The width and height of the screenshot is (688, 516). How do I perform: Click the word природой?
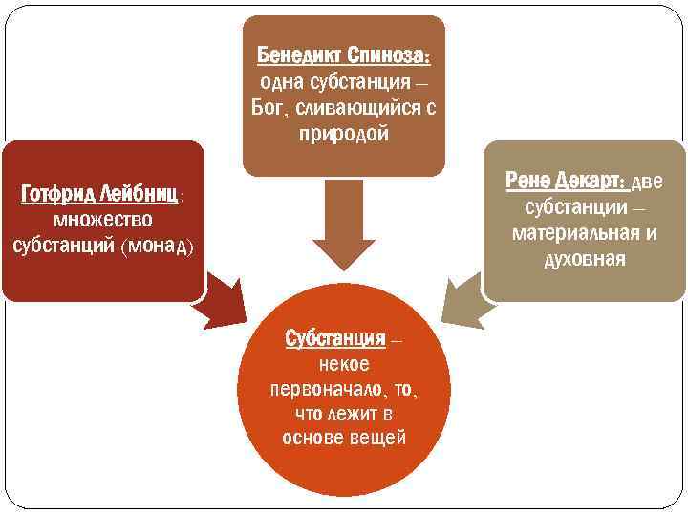point(344,134)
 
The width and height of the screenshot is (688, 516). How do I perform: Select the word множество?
point(102,220)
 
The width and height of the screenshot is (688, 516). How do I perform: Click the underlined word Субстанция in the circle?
point(335,338)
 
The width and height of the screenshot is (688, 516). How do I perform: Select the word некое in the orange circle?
point(344,364)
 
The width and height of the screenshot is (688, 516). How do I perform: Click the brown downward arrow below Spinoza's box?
point(344,229)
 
